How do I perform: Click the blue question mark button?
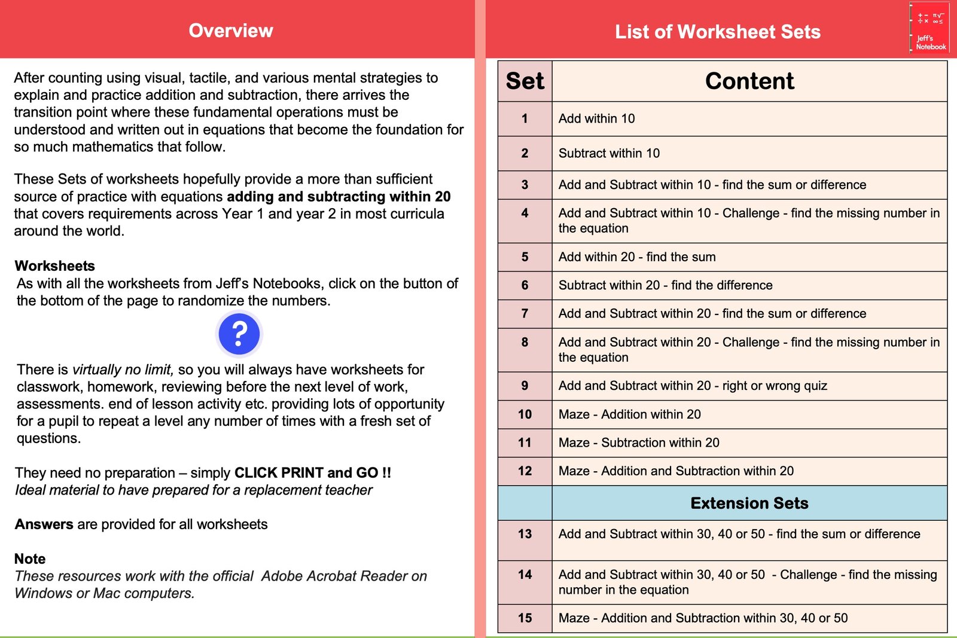click(239, 334)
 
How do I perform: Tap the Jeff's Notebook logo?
click(930, 29)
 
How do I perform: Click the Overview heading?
click(231, 30)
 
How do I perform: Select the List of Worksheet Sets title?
click(717, 32)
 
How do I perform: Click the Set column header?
click(525, 81)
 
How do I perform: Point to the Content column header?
click(749, 81)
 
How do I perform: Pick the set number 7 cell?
click(525, 313)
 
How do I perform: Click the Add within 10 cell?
click(596, 118)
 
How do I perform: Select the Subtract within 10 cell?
click(609, 153)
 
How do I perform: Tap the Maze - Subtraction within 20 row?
click(639, 442)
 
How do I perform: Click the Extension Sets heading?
click(749, 503)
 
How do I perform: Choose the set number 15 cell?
click(525, 618)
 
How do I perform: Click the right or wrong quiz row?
click(693, 386)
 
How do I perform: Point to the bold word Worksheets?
click(55, 266)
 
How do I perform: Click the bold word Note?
click(30, 558)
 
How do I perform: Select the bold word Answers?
click(44, 524)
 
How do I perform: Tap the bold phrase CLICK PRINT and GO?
click(312, 473)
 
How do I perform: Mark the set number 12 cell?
click(525, 471)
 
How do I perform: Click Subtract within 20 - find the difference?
click(665, 285)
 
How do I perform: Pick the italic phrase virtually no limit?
click(123, 370)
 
